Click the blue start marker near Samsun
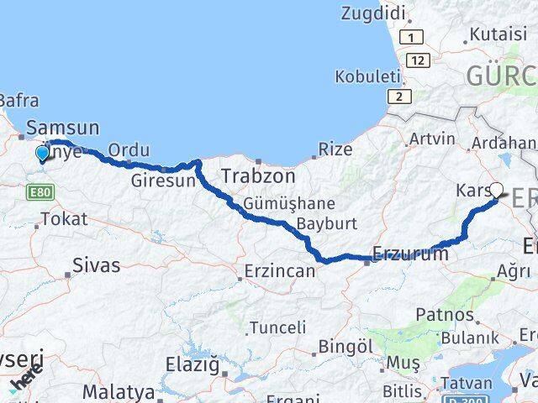(x=42, y=153)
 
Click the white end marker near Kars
(x=496, y=191)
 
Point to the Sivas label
(x=97, y=265)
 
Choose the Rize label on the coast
(x=335, y=149)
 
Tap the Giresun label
(x=163, y=180)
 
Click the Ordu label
(x=129, y=148)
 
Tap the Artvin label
(x=432, y=139)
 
